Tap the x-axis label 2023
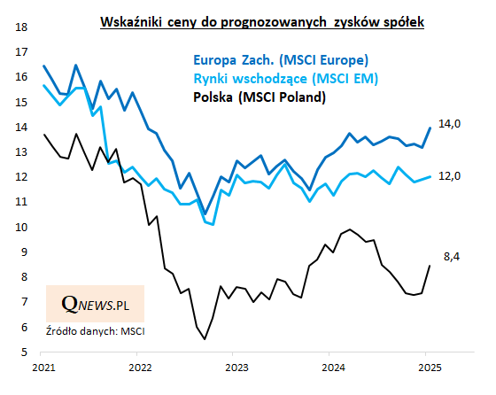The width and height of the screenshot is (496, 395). (x=236, y=366)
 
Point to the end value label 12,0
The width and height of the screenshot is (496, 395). (x=450, y=176)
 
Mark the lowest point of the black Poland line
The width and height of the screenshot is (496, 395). (x=205, y=339)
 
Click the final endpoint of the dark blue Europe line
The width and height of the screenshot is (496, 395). (x=430, y=128)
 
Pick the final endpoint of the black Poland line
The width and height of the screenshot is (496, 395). (x=430, y=266)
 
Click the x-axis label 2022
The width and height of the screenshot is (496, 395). (x=140, y=366)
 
